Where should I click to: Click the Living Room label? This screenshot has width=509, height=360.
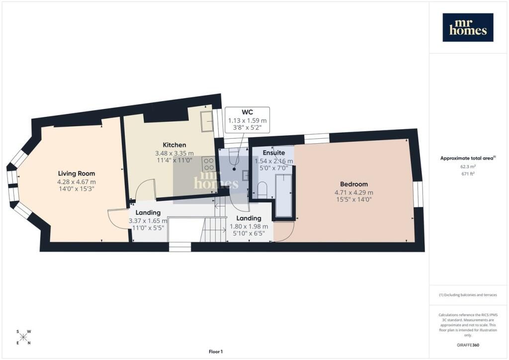point(76,174)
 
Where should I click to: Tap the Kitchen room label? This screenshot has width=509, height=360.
point(174,145)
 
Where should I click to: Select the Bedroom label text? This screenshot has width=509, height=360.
point(354,184)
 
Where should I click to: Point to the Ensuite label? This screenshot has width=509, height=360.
point(274,153)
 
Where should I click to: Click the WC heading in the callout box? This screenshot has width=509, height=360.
point(248,112)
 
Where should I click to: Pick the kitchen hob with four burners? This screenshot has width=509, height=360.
point(208,164)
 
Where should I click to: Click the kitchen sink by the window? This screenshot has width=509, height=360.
point(206,121)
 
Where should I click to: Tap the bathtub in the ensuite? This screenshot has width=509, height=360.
point(283,195)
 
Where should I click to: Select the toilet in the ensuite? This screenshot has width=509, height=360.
point(261,190)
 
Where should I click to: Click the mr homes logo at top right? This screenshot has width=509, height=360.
point(468,27)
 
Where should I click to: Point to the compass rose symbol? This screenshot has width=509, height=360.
point(23,337)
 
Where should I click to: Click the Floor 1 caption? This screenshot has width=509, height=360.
point(216,352)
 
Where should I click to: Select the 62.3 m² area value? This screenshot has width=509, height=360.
point(468,167)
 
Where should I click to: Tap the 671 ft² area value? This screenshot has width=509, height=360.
point(468,174)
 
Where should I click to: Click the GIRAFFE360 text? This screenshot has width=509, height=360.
point(467,345)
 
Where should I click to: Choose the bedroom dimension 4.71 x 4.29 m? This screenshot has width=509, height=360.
point(354,192)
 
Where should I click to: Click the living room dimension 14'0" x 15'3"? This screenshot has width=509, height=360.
point(77,188)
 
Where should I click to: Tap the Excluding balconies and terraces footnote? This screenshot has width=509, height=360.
point(468,295)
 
